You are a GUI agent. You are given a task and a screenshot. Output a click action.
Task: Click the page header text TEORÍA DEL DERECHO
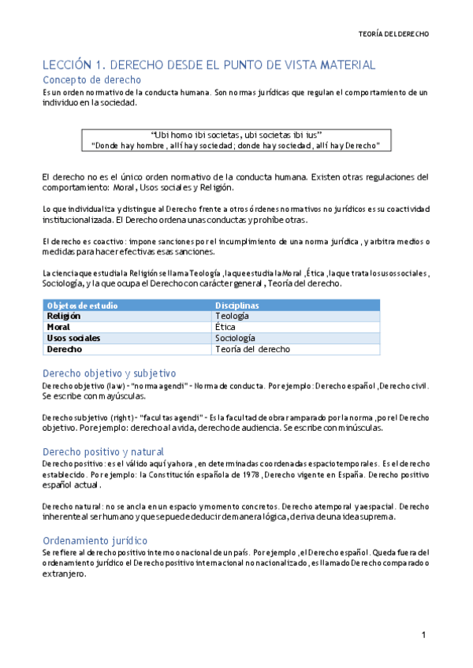(394, 35)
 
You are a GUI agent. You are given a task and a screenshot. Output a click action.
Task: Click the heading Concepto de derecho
(91, 80)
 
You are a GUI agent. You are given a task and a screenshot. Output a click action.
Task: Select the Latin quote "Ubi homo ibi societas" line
(236, 134)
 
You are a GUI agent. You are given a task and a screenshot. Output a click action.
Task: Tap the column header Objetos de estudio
(79, 305)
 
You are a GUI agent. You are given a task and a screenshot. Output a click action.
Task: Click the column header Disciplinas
(236, 305)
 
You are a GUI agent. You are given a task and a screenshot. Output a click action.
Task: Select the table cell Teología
(231, 316)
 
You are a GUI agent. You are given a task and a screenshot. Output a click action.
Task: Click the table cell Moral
(58, 327)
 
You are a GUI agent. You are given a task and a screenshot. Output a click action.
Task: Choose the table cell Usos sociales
(73, 338)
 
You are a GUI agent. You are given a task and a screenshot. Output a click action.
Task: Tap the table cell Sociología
(235, 338)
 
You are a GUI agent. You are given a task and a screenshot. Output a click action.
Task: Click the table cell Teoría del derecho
(252, 349)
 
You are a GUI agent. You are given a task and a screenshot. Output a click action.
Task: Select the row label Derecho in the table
(64, 349)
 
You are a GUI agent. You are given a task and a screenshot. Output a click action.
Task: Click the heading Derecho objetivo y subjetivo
(109, 373)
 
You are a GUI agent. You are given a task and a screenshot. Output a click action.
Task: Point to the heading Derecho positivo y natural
(102, 451)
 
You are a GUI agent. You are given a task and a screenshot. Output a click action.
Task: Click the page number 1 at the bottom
(423, 635)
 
